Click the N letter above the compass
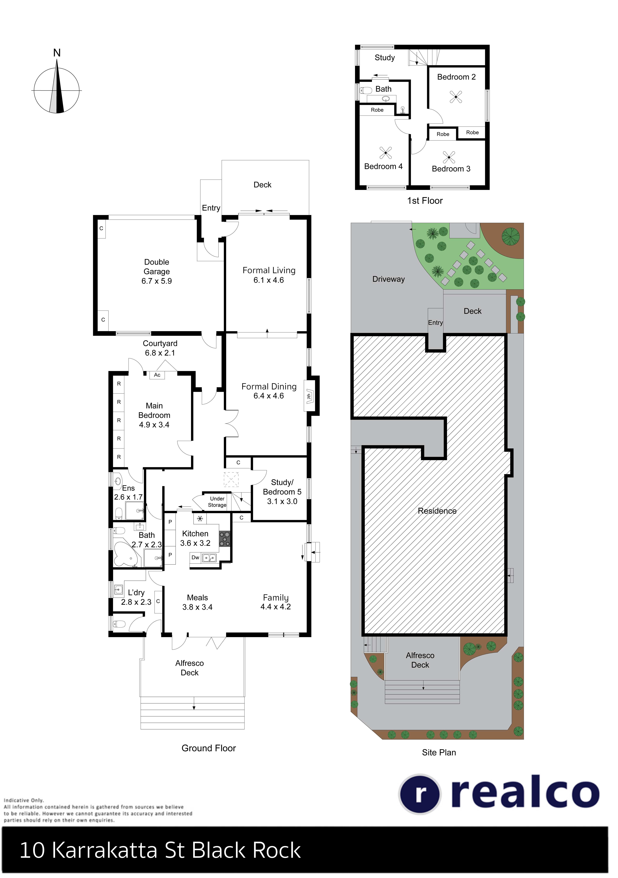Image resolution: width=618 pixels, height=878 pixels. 57,53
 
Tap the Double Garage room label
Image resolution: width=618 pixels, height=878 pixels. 157,271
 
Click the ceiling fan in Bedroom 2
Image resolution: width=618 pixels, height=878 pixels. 456,97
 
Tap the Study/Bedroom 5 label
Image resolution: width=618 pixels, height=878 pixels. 282,492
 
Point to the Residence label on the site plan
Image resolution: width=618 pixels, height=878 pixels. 437,511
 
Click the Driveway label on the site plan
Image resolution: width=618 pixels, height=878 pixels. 388,279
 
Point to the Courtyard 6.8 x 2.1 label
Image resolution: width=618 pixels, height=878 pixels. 160,348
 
